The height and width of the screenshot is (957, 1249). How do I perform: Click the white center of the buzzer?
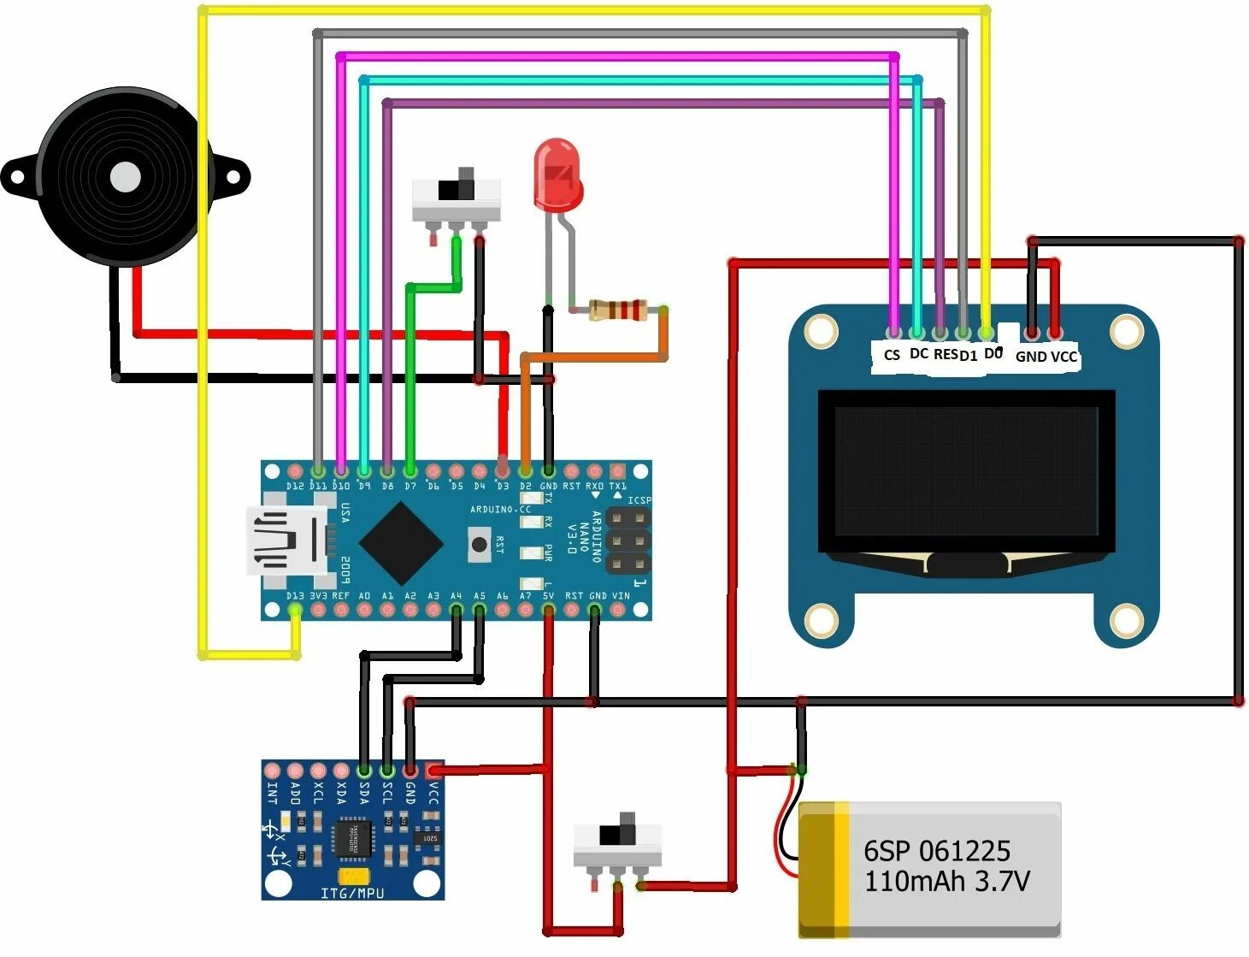pos(126,178)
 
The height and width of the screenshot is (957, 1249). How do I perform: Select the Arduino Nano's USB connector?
pos(286,540)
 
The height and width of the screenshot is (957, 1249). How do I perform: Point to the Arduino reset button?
pos(480,544)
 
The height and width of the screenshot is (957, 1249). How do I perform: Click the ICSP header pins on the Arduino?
pos(627,541)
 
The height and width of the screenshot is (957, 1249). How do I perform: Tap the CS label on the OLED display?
pos(892,355)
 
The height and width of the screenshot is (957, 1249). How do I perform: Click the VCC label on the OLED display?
pos(1064,357)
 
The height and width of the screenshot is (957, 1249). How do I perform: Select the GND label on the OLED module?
pos(1030,357)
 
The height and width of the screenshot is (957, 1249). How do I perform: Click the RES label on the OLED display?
pos(945,354)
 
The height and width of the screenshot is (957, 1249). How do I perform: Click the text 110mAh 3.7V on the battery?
pos(946,881)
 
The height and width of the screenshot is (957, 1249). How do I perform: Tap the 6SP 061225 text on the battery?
pos(936,851)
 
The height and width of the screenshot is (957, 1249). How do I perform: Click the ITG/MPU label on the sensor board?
pos(352,894)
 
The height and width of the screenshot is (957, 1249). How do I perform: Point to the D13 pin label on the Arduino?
pos(294,596)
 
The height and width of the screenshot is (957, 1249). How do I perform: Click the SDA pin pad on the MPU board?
pos(364,771)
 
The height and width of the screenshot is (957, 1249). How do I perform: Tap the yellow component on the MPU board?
pos(353,876)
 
